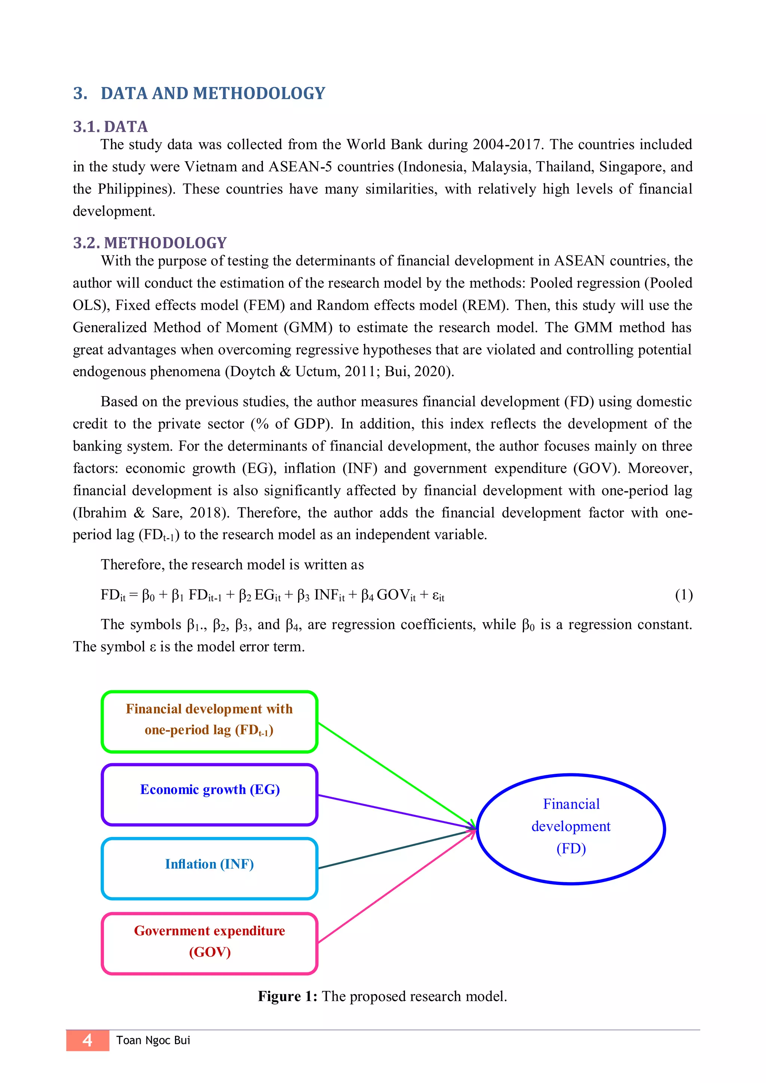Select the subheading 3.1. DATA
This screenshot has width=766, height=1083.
tap(110, 126)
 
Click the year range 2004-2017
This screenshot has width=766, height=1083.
tap(506, 144)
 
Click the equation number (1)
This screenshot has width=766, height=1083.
tap(683, 595)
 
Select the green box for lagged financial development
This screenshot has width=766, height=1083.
tap(209, 721)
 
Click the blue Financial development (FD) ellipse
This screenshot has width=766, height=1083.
tap(571, 829)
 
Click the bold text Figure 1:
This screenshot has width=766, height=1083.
tap(287, 996)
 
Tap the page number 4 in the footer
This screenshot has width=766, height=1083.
tap(87, 1040)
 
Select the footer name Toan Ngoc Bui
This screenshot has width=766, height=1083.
tap(153, 1040)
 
